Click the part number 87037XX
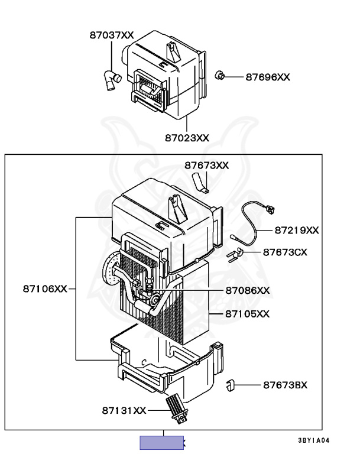point(112,35)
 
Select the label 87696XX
point(268,77)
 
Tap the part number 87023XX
point(187,138)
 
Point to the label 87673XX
point(206,166)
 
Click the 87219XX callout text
point(296,230)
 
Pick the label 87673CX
point(285,252)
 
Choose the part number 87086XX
point(247,290)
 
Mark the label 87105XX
point(247,313)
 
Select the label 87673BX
point(285,385)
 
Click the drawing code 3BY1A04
point(313,440)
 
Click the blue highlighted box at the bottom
point(161,443)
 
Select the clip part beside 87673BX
point(232,385)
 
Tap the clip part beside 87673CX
point(236,254)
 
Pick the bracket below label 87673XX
point(200,184)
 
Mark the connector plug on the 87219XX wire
point(271,209)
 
